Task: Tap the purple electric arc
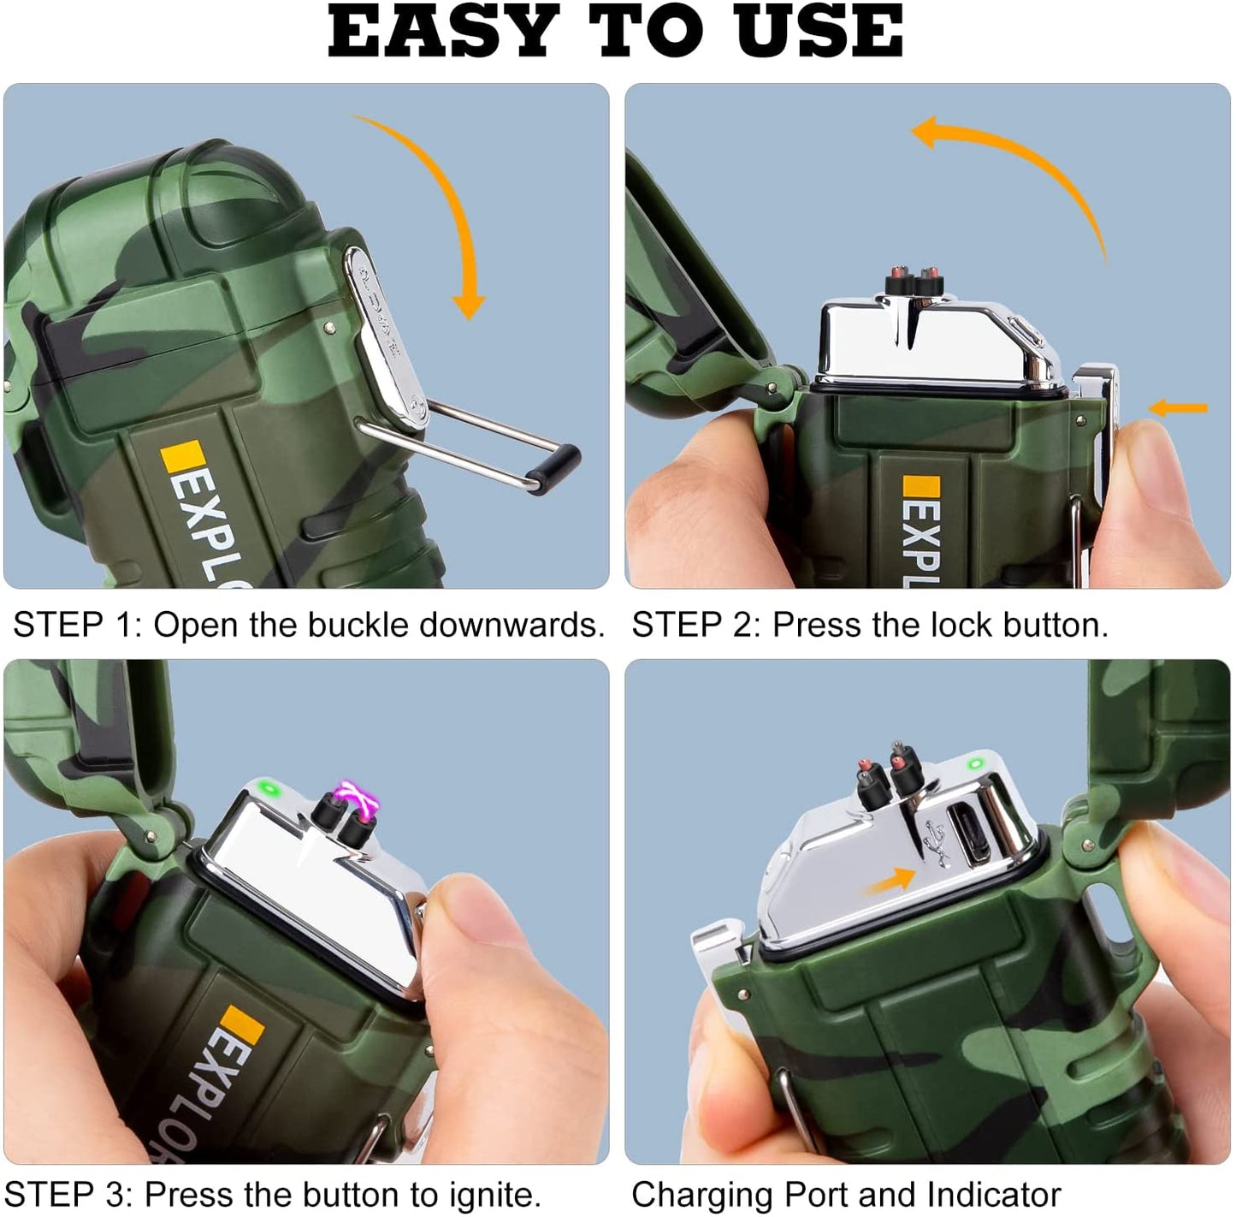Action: pos(358,799)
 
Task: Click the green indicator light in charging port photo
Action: pos(976,763)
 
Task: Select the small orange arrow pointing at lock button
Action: pos(1178,407)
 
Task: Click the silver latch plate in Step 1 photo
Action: pos(385,335)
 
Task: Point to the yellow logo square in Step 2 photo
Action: pos(920,486)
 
